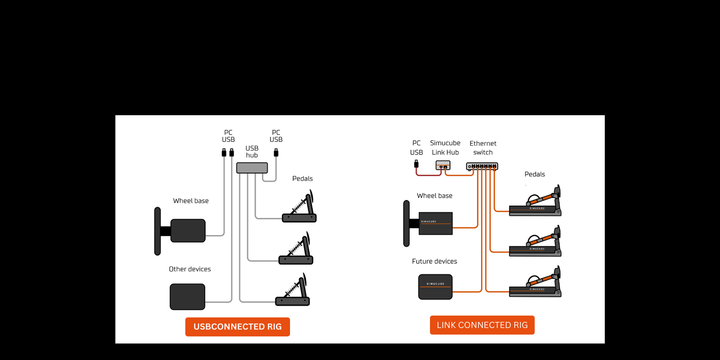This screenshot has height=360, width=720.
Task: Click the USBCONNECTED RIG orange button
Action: click(x=237, y=327)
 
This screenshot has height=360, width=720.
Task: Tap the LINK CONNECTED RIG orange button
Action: click(x=482, y=325)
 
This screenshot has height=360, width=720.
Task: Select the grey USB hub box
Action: click(x=252, y=168)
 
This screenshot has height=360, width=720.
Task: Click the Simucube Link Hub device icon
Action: click(x=443, y=164)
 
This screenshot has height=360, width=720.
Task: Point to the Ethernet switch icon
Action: click(x=482, y=166)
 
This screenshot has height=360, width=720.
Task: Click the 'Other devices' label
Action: click(x=190, y=269)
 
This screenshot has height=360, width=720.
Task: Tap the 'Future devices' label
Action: click(x=434, y=261)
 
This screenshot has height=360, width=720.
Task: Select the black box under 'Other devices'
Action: click(x=187, y=297)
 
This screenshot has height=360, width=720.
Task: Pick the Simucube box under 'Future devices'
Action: click(x=435, y=287)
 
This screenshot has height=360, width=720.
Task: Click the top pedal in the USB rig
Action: click(x=300, y=208)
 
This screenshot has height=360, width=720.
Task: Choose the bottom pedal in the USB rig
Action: click(x=293, y=290)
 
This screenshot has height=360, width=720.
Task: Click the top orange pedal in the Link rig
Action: click(x=535, y=201)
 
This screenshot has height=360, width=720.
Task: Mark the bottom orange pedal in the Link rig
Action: click(x=535, y=281)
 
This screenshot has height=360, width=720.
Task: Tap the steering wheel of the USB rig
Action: click(x=158, y=231)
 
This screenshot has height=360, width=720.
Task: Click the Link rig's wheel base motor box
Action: click(x=435, y=223)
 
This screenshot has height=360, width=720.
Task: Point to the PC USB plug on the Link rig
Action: click(x=416, y=164)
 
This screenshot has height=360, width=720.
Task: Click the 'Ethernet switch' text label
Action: click(x=483, y=148)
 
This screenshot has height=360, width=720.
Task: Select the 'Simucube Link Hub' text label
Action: click(x=445, y=147)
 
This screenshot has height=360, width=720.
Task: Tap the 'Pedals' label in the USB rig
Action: click(x=303, y=179)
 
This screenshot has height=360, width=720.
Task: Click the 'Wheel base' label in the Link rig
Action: click(x=434, y=196)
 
